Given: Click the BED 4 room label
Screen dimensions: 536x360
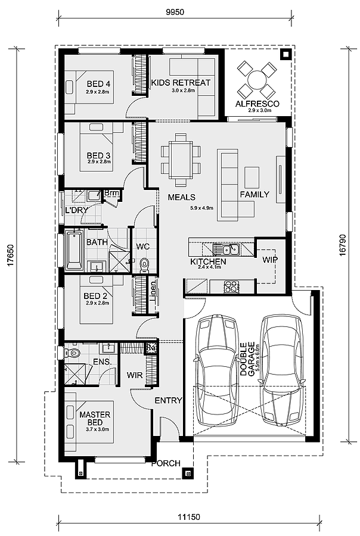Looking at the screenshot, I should [x=98, y=83].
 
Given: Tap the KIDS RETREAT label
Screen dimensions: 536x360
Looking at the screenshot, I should [x=181, y=83].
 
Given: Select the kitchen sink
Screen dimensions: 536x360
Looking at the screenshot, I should [x=226, y=248].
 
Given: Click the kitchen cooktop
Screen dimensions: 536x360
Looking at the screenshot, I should [x=231, y=287].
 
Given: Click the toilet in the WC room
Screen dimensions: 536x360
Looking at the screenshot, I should [x=144, y=262].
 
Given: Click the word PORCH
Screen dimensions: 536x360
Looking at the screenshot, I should [x=166, y=463].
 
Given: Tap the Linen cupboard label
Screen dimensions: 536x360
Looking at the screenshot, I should [x=153, y=291].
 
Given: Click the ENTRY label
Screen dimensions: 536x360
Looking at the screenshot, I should [x=168, y=401].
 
